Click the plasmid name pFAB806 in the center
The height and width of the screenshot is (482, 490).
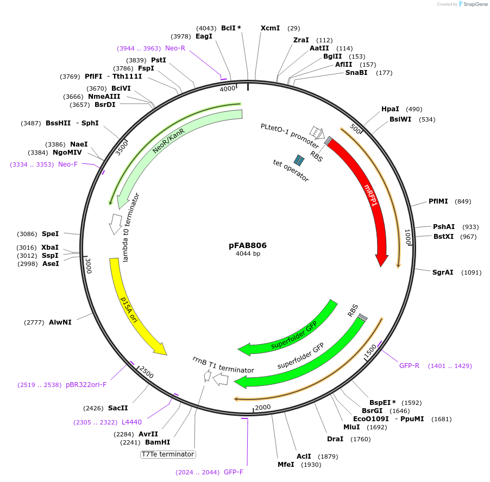click(248, 245)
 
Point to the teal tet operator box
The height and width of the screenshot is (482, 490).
click(299, 160)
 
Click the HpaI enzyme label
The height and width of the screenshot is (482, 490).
click(390, 109)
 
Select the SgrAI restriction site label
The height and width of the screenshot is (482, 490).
click(443, 272)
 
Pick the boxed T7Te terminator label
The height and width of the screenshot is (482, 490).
click(168, 454)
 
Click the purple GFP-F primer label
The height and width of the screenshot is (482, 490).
click(234, 472)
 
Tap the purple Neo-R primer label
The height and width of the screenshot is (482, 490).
click(175, 48)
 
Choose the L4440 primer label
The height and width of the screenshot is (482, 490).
click(132, 422)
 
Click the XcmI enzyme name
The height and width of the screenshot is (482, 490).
click(270, 28)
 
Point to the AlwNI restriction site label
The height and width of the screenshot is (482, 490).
click(60, 322)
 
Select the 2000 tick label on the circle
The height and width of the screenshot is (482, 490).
click(262, 408)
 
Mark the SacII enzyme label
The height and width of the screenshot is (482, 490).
click(118, 408)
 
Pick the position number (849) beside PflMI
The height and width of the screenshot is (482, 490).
click(463, 201)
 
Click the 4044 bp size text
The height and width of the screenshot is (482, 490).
click(248, 254)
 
